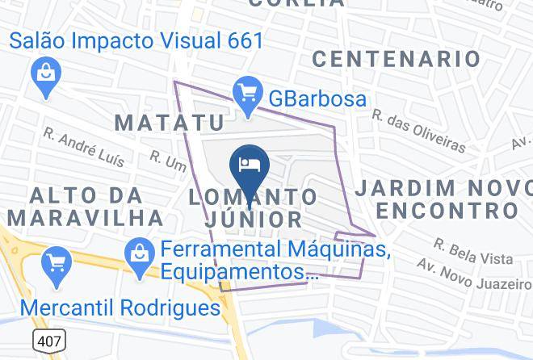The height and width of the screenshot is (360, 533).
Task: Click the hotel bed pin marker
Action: [x=249, y=164]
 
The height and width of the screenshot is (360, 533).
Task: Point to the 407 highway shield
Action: [x=48, y=342]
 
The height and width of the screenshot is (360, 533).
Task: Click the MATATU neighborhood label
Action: [x=169, y=123]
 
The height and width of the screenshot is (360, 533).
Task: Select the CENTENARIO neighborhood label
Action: [x=396, y=58]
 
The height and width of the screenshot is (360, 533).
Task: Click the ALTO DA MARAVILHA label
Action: [x=84, y=206]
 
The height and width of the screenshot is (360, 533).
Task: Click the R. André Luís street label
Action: [x=84, y=146]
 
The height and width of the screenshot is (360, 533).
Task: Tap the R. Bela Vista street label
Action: [x=472, y=250]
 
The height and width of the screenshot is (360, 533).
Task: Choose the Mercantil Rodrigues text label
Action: [x=120, y=308]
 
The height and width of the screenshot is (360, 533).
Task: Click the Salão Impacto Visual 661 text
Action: [x=136, y=40]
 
